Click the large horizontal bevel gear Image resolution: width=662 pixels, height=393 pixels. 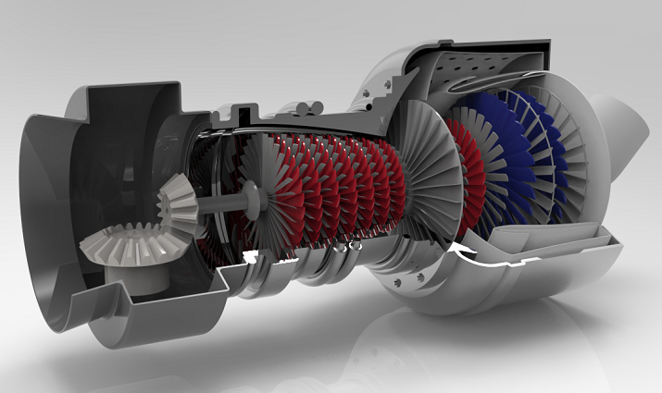pos(120,246)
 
